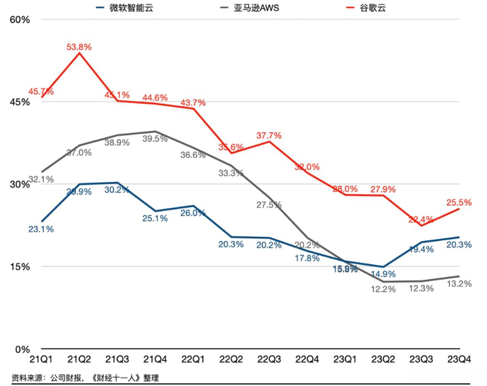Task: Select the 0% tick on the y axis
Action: (22, 349)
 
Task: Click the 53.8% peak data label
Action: (79, 47)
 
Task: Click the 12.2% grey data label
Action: (383, 289)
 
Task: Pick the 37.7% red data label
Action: (269, 135)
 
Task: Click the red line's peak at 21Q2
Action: (80, 54)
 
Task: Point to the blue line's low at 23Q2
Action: (383, 267)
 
